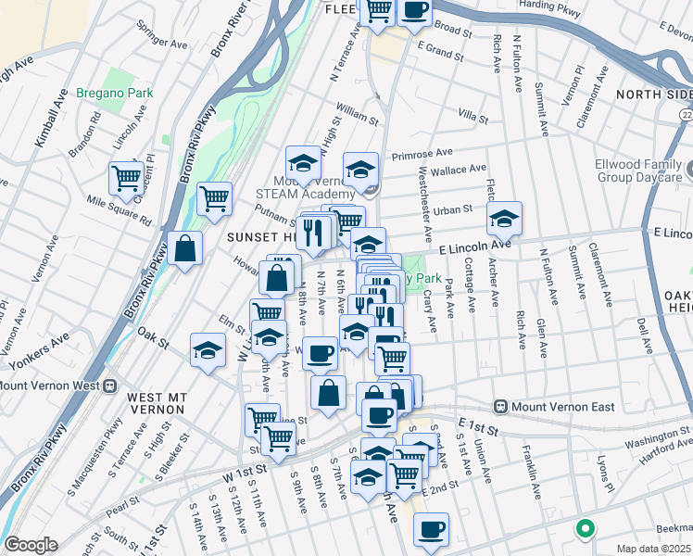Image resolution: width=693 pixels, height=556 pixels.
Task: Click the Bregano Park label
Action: pos(128,93)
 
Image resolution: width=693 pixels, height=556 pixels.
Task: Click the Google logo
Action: pos(30,545)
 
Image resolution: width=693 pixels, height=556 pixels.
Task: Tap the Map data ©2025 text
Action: pos(654,549)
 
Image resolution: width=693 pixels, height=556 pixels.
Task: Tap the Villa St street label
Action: pos(472,116)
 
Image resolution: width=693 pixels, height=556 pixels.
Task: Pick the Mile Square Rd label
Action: pos(119,210)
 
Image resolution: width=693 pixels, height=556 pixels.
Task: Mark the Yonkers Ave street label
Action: pos(47,347)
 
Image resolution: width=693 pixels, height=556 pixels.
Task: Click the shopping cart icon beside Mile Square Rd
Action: pos(125,178)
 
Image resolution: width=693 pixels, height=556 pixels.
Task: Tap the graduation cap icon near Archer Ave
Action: pos(504,220)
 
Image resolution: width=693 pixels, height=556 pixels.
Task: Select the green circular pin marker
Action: pos(585,529)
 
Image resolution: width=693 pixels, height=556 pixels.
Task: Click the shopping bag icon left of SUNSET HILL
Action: pos(186,248)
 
